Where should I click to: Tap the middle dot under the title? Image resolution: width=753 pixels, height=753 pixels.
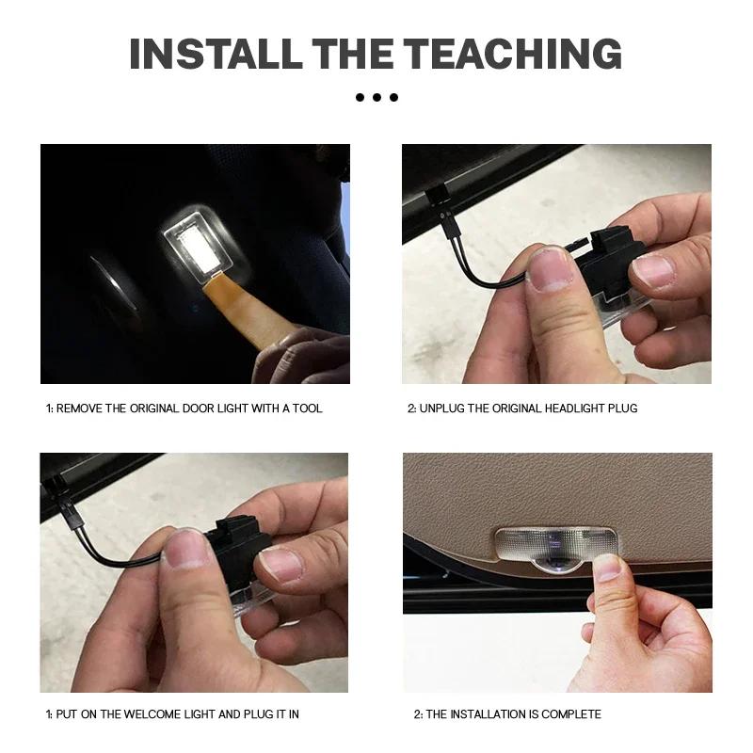376,97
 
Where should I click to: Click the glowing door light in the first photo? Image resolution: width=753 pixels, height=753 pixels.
194,241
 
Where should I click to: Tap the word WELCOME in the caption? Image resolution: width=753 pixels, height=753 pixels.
151,714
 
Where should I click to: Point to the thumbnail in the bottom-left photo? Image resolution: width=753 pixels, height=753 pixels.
187,550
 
